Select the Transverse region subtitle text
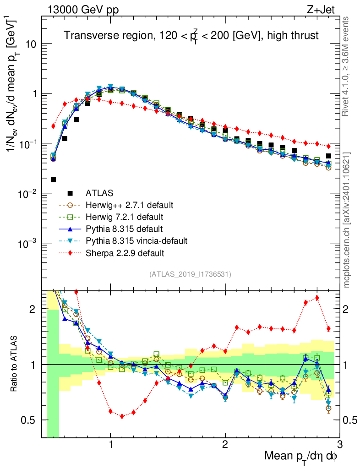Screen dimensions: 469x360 point(191,36)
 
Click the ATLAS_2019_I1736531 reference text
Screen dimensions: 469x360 point(190,274)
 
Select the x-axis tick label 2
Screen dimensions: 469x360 point(225,445)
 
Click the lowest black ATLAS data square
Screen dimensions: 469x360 point(53,180)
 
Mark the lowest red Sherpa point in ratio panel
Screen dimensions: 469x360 point(122,416)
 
